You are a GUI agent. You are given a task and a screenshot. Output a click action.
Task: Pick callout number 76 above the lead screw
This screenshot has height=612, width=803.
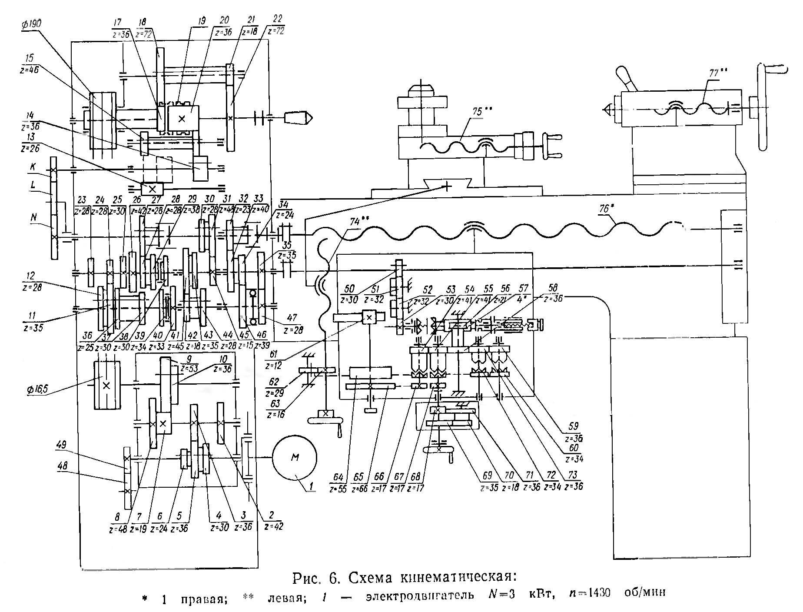coord(604,209)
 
